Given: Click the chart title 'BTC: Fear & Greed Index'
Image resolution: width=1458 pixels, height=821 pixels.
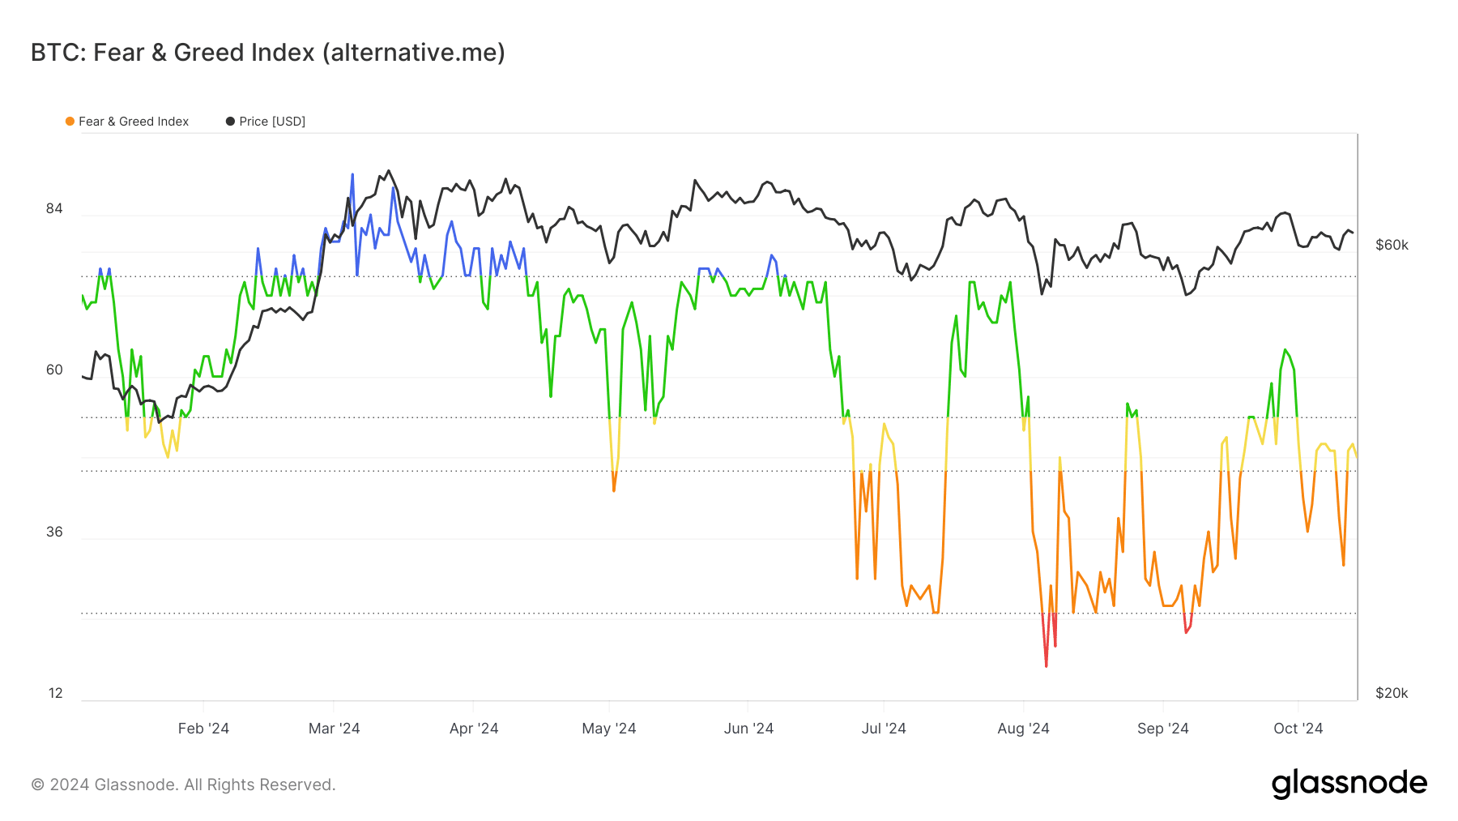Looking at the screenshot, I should (267, 53).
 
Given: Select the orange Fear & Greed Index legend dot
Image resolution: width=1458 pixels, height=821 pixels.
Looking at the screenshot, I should (70, 122).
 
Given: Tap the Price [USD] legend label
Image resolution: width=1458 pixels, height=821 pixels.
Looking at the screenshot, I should (272, 122).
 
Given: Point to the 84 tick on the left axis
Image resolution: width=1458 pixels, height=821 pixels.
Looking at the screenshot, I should (54, 209).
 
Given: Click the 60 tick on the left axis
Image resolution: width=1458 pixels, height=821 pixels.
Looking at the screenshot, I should (54, 370).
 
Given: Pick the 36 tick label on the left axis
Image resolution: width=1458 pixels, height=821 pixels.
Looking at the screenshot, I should (54, 532).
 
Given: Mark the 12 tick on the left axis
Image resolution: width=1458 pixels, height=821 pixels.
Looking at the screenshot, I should (55, 693).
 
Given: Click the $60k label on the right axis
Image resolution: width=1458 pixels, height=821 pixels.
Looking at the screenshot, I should (1392, 245).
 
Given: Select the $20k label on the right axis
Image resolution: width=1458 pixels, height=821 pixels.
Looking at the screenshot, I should (1392, 693).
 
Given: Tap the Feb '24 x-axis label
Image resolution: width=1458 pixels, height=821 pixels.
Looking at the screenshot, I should (203, 729).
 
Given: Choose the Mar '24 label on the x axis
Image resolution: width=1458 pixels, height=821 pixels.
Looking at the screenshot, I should (334, 729).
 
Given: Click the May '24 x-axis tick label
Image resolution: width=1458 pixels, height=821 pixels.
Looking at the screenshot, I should (609, 729).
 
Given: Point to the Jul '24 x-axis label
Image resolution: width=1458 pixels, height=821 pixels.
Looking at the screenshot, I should (884, 729).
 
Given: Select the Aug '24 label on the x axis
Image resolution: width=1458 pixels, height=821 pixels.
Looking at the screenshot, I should (1023, 729).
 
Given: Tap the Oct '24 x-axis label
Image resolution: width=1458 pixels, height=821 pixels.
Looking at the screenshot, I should (1298, 729).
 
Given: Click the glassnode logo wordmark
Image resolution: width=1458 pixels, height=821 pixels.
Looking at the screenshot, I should (1349, 784).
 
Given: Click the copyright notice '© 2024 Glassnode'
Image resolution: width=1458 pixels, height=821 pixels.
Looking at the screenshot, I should (183, 785).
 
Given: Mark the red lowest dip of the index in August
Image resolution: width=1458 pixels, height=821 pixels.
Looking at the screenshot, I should (1047, 665).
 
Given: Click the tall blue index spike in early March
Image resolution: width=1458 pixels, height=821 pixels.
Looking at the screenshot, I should (352, 175).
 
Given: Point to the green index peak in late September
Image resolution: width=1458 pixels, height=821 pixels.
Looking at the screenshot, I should (1285, 350).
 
